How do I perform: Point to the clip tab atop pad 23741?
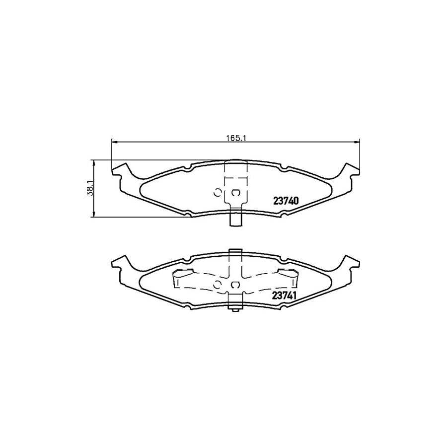point(235,253)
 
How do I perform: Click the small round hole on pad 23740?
point(217,193)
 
